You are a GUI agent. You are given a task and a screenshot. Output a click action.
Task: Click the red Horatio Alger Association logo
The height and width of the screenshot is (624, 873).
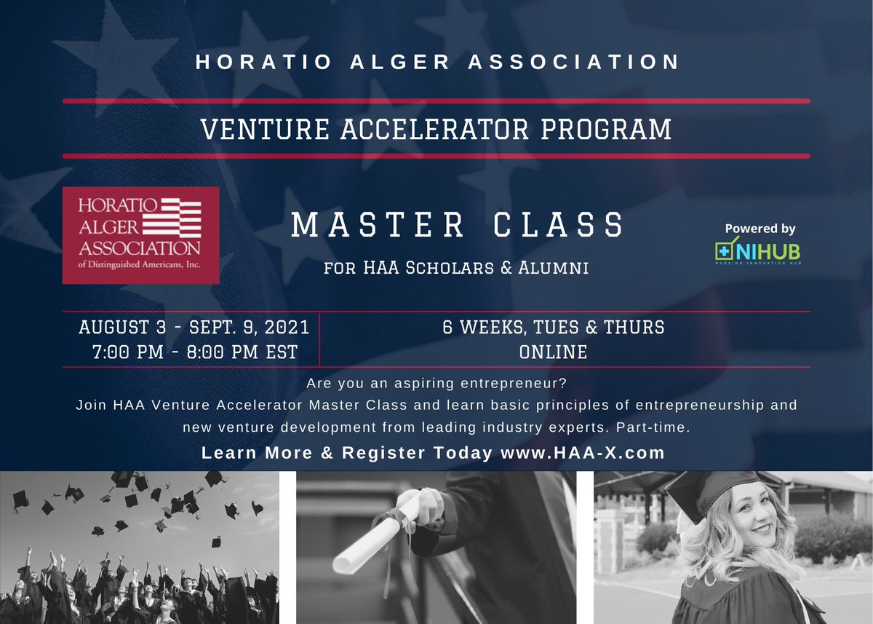click(140, 235)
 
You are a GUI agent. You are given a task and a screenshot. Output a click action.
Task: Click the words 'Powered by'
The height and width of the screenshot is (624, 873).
click(760, 229)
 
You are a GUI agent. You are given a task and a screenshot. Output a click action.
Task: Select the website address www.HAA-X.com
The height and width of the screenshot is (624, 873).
click(583, 452)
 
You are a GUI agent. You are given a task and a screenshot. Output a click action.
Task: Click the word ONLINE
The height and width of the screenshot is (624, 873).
click(553, 352)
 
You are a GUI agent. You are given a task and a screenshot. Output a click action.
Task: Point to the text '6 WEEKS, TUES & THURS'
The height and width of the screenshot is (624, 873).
click(553, 327)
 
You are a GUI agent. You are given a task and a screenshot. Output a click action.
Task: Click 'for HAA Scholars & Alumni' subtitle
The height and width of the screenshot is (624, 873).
click(457, 269)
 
